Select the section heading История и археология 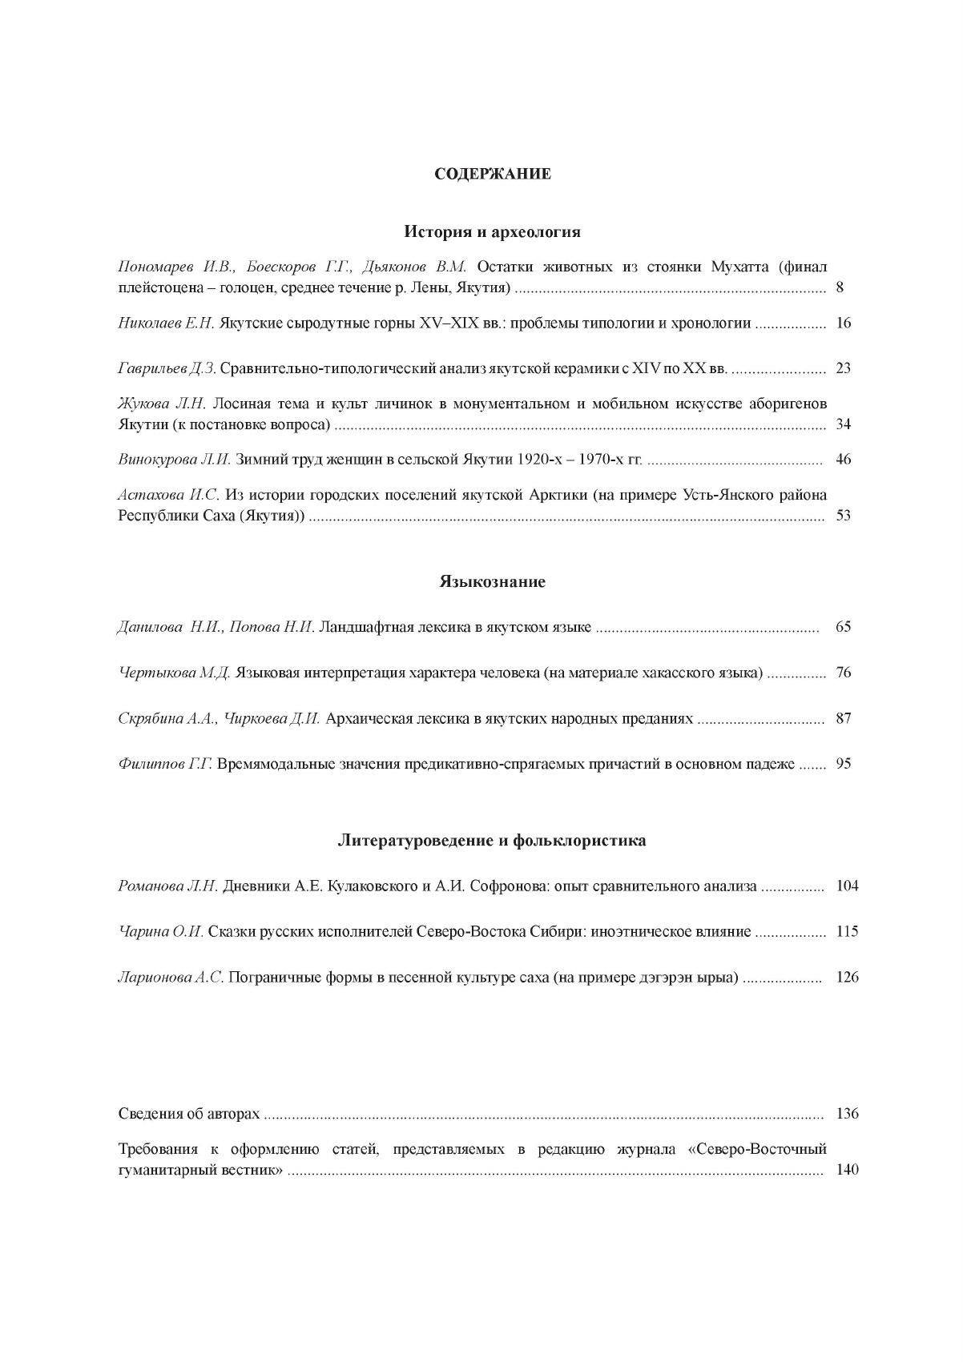[492, 232]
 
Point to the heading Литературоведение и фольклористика [492, 841]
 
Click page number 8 [840, 287]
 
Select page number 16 [843, 323]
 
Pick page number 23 [843, 368]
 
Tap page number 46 [843, 460]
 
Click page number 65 [843, 627]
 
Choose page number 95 [843, 764]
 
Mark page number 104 [847, 886]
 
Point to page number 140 [847, 1170]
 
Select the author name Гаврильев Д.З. [167, 368]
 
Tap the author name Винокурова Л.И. [175, 460]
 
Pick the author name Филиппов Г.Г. [165, 764]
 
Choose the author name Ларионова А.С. [171, 978]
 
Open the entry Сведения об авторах [189, 1114]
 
